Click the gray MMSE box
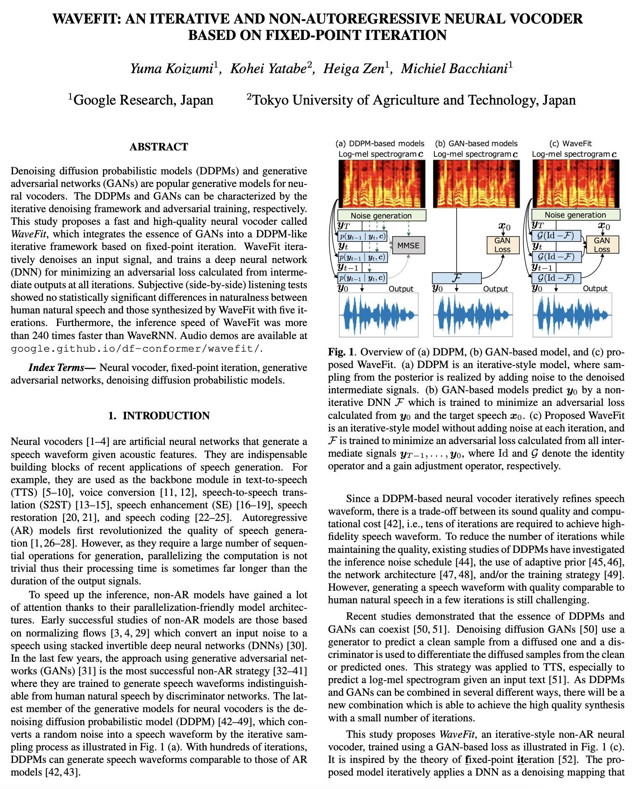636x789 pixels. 408,245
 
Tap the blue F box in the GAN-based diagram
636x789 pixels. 457,278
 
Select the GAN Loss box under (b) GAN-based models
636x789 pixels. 502,245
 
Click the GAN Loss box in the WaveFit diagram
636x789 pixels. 602,245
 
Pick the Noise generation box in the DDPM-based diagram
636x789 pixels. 381,216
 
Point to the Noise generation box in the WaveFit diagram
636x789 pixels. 575,215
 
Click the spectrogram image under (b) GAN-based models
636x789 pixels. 476,184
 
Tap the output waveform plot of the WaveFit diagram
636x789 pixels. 572,315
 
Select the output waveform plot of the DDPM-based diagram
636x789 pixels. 379,315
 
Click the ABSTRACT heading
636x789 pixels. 159,147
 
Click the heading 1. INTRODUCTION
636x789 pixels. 159,416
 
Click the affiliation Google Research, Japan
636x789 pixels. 143,100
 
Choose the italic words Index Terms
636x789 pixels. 56,368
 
